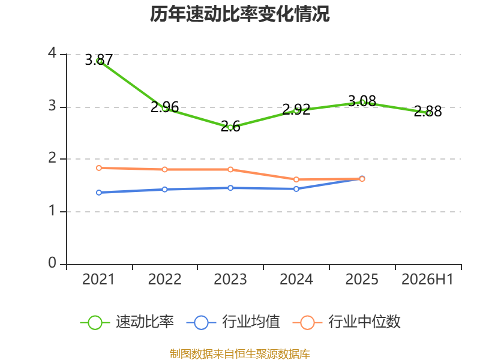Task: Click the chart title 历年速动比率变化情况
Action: [x=239, y=14]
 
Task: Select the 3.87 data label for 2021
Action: [x=98, y=59]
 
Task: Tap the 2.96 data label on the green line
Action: [x=164, y=107]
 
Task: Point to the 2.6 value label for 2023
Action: [x=230, y=126]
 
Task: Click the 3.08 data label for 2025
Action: [x=362, y=101]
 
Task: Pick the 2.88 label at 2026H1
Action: [x=428, y=112]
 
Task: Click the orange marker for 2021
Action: [x=99, y=168]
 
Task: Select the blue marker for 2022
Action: [x=164, y=190]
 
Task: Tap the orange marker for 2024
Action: [x=296, y=179]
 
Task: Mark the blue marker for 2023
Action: [x=230, y=188]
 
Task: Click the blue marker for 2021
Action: [x=99, y=193]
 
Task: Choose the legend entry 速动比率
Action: [x=127, y=322]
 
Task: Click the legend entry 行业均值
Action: [x=233, y=322]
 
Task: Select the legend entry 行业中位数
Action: [x=347, y=322]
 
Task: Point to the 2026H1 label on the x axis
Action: [x=427, y=279]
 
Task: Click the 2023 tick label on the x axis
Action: [x=230, y=279]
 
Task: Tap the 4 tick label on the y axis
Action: [x=52, y=53]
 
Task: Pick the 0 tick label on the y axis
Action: [x=52, y=263]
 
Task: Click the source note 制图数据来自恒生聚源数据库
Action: [x=240, y=354]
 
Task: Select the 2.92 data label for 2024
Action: [x=296, y=110]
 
